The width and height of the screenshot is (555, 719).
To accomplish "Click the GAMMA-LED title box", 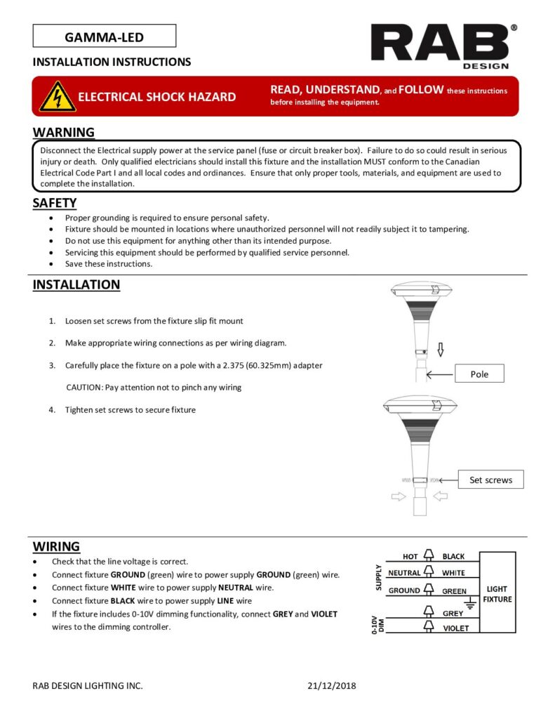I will pyautogui.click(x=104, y=36).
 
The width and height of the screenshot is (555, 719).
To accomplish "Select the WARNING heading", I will pyautogui.click(x=64, y=132).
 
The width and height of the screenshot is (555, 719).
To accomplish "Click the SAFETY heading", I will pyautogui.click(x=55, y=203).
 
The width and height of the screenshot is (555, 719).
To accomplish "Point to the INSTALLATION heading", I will pyautogui.click(x=76, y=285).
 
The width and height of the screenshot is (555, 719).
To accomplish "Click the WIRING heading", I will pyautogui.click(x=56, y=546).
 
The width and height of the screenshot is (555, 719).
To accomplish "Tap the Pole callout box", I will pyautogui.click(x=479, y=374).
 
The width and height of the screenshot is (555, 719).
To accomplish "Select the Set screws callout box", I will pyautogui.click(x=490, y=480).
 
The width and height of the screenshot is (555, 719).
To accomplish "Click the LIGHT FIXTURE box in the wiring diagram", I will pyautogui.click(x=497, y=594).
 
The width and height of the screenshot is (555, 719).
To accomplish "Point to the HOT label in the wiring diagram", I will pyautogui.click(x=410, y=557).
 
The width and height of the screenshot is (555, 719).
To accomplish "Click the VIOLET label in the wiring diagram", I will pyautogui.click(x=455, y=628).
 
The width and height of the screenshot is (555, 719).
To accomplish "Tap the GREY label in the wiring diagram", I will pyautogui.click(x=453, y=614).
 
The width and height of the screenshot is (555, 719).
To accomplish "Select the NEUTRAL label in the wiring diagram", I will pyautogui.click(x=403, y=573).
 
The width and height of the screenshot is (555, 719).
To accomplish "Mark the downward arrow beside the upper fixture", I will pyautogui.click(x=440, y=350).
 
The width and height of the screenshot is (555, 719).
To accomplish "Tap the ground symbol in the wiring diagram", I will pyautogui.click(x=471, y=602).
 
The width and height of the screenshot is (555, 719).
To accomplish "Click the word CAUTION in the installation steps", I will pyautogui.click(x=83, y=387).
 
